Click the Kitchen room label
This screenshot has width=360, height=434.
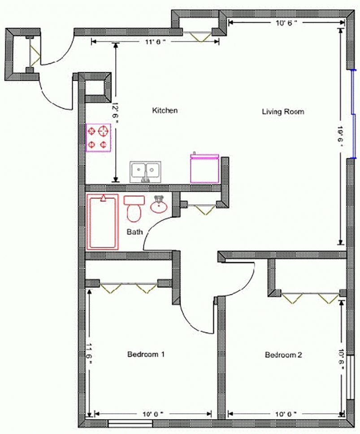(165, 110)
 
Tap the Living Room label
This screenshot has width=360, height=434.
(283, 111)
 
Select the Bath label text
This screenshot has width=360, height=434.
(134, 232)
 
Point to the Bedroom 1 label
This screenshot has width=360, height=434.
(146, 354)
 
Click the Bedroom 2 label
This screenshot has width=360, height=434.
(283, 355)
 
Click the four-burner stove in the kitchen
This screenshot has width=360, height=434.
(99, 138)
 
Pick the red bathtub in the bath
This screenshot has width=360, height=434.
(103, 221)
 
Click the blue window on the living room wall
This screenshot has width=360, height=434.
(353, 114)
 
